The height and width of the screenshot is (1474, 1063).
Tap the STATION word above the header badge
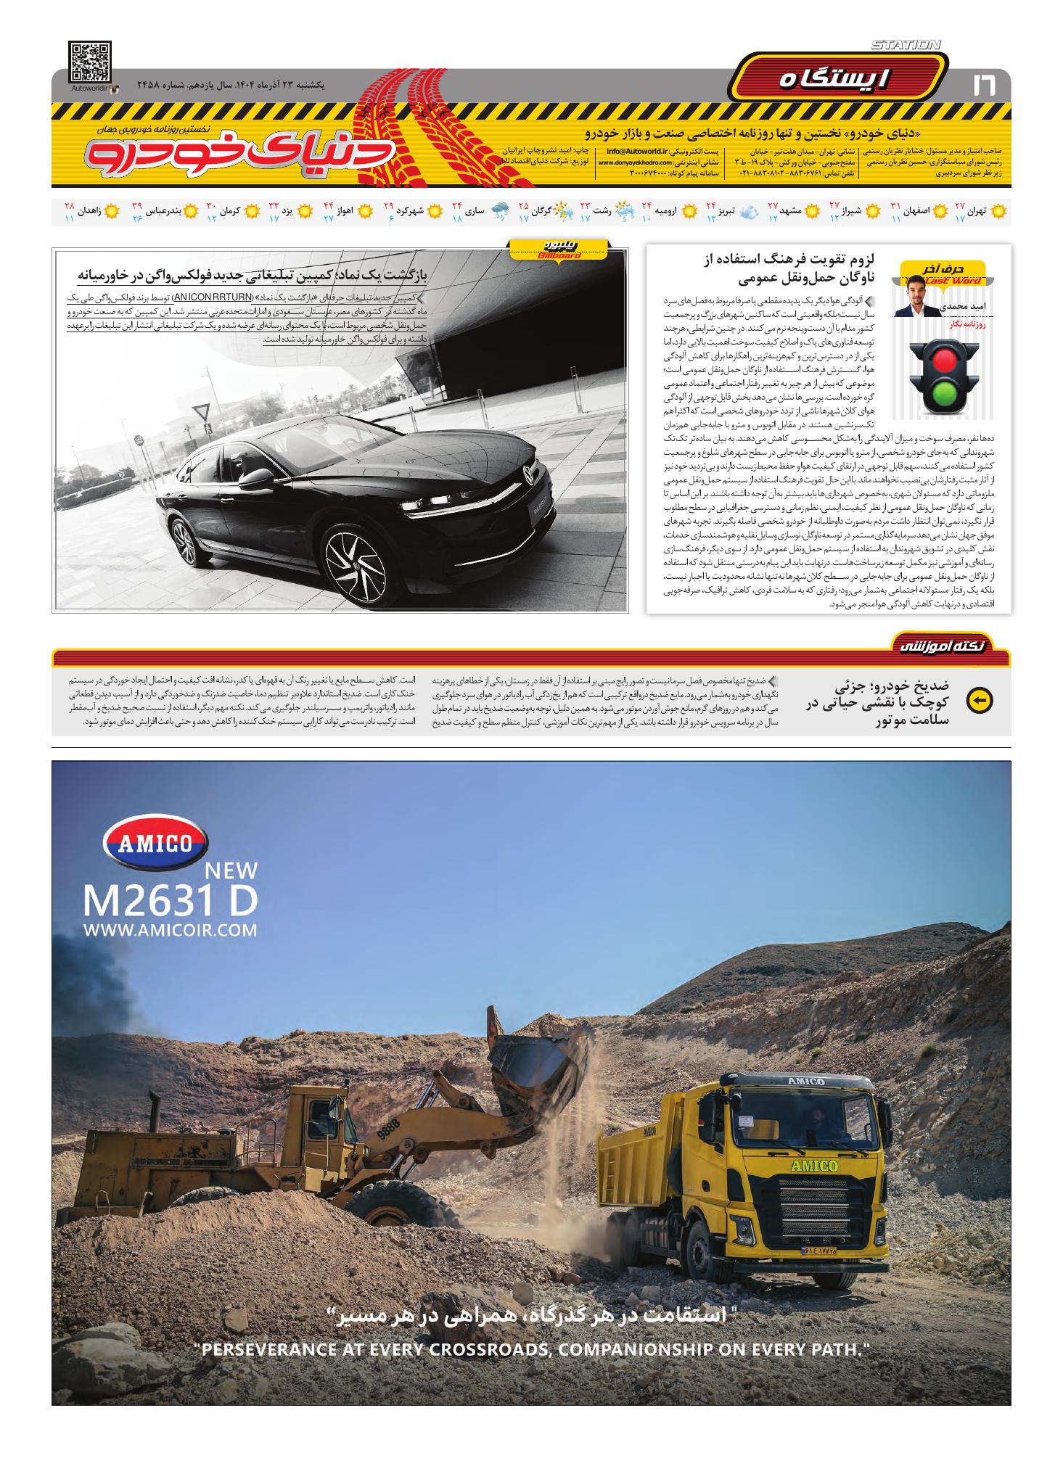click(906, 45)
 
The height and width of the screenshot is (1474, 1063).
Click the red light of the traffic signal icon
click(943, 360)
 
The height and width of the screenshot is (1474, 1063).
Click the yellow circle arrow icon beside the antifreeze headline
click(980, 700)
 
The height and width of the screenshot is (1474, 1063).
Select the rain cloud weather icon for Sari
click(500, 212)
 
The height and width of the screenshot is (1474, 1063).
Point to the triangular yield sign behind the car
click(201, 415)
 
